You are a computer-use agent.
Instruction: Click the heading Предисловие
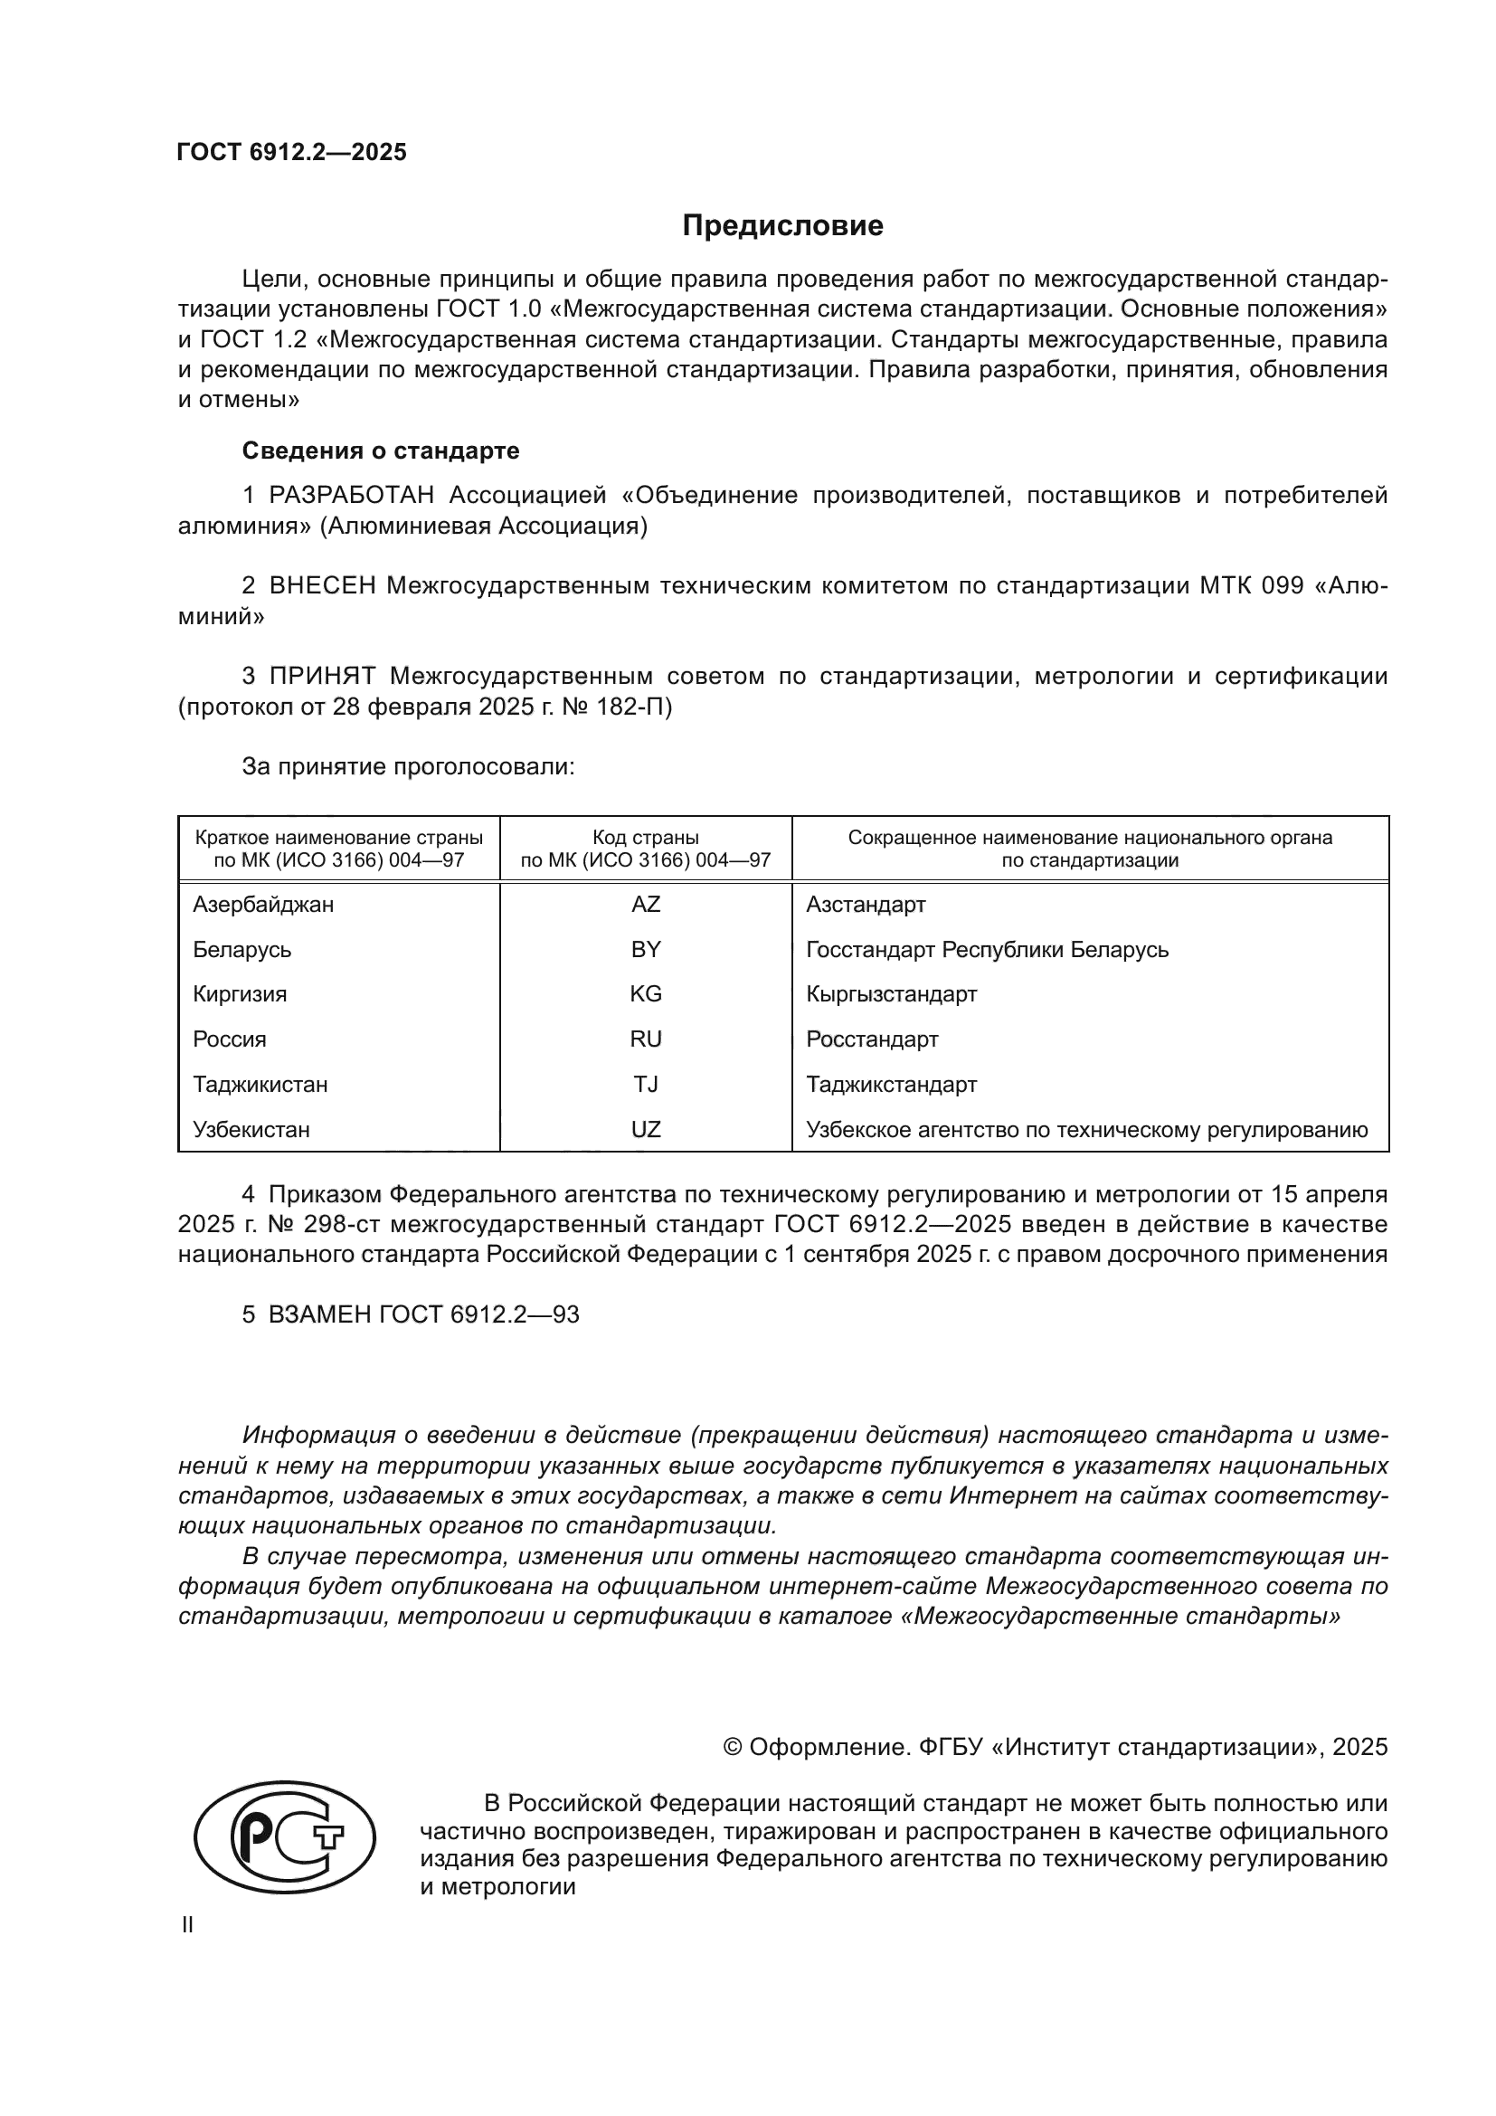click(782, 226)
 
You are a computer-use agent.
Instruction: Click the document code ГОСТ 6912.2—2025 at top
click(291, 153)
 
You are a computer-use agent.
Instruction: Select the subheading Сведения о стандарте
click(381, 451)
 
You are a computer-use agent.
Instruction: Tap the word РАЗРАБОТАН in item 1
click(351, 496)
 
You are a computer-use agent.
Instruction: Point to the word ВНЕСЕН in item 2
click(322, 586)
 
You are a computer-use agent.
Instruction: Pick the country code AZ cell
click(645, 904)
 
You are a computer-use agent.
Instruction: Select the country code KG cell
click(645, 993)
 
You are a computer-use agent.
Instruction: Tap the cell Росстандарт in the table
click(871, 1039)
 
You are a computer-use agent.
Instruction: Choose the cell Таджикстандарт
click(891, 1084)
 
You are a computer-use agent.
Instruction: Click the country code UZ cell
click(645, 1129)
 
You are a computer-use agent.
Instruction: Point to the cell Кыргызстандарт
click(891, 993)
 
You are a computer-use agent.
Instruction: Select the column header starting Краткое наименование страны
click(339, 849)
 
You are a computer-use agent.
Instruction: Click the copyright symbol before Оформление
click(733, 1748)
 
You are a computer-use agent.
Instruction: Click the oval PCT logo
click(285, 1836)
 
